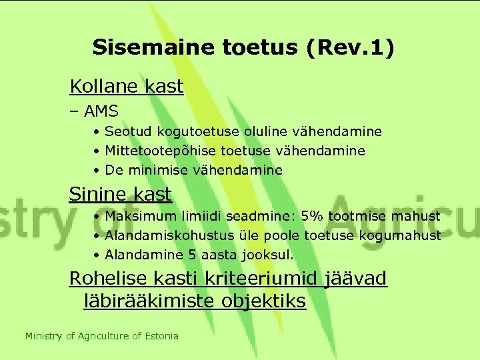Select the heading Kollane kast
click(x=127, y=87)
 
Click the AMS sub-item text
click(x=101, y=111)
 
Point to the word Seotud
click(x=126, y=131)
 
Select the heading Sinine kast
click(x=121, y=194)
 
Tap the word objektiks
click(x=261, y=301)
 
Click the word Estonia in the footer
click(x=162, y=336)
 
